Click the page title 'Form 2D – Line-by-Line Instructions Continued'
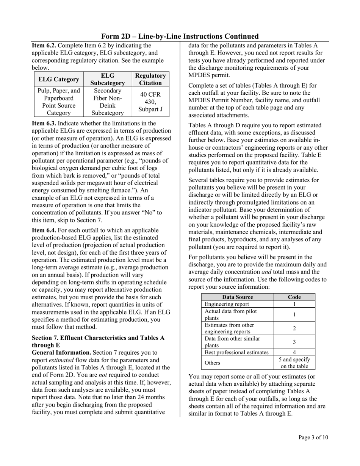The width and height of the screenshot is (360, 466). tap(180, 36)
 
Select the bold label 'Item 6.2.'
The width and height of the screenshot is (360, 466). tap(44, 45)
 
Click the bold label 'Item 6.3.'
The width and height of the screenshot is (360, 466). tap(44, 123)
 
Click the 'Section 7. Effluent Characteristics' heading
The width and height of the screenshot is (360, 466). tap(98, 338)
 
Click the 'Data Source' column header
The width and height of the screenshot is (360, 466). tap(237, 297)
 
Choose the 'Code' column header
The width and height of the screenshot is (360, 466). tap(294, 297)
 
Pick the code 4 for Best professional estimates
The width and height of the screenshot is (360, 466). tap(294, 352)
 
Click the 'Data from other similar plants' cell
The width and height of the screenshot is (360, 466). tap(237, 342)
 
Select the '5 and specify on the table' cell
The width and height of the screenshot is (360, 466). tap(294, 363)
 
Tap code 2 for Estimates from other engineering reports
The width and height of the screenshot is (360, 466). tap(294, 328)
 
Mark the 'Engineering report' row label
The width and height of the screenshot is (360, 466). tap(227, 304)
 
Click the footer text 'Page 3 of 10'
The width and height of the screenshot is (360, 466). tap(313, 438)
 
